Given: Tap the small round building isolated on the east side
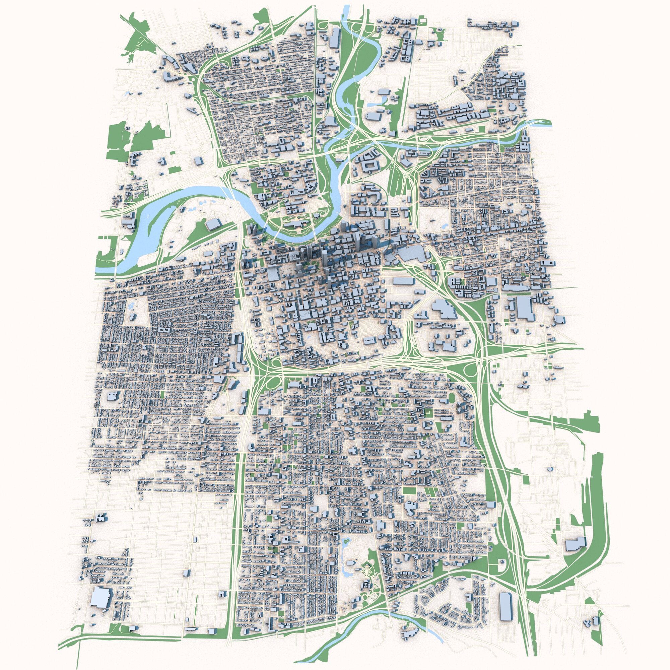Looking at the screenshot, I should (550, 469).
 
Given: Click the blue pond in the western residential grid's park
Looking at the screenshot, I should (131, 307).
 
